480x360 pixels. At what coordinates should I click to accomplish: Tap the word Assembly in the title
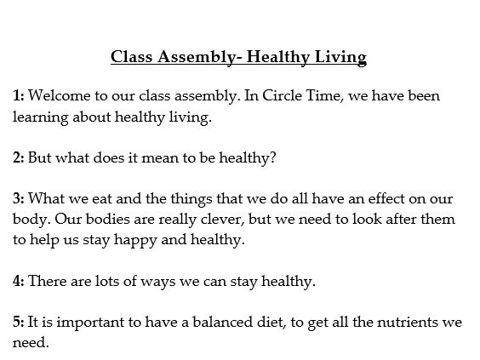point(197,58)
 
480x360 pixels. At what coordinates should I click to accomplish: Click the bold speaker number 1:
point(18,96)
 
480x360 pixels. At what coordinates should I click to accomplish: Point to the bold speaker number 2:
point(18,157)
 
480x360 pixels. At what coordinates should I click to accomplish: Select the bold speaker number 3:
point(18,198)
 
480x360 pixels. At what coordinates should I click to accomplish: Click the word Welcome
point(59,96)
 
